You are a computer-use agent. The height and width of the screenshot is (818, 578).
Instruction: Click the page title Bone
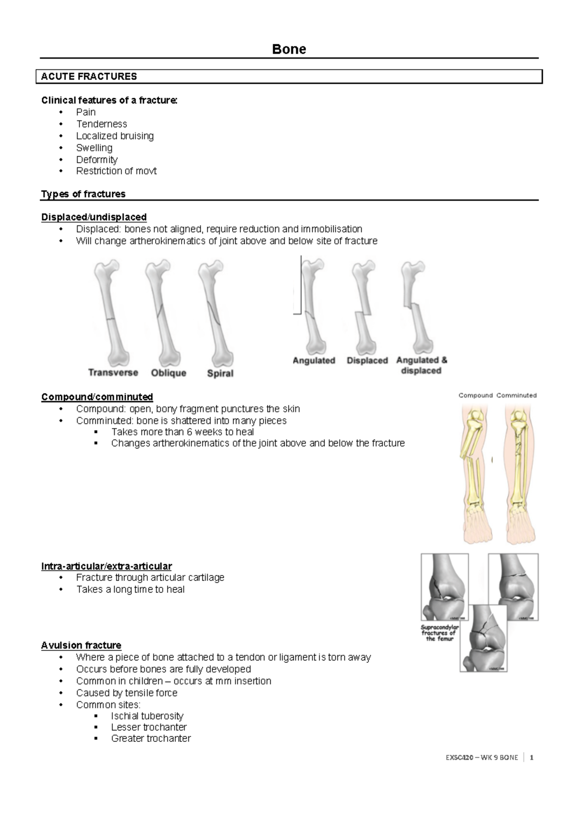point(289,49)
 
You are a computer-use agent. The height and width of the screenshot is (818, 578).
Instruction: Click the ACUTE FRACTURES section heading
point(89,77)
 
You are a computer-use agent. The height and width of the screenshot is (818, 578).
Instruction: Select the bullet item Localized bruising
point(115,136)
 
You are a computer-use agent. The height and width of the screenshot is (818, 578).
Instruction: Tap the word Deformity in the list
point(96,159)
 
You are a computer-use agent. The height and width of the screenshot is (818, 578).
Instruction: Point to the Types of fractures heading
point(83,194)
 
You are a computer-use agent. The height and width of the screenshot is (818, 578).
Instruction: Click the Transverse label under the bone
point(113,372)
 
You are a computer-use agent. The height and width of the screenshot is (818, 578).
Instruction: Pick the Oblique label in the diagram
point(169,373)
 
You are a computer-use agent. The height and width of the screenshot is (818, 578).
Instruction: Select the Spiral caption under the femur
point(220,373)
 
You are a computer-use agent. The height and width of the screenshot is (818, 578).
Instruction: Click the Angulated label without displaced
point(314,360)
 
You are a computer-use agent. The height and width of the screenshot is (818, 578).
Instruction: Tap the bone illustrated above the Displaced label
point(364,308)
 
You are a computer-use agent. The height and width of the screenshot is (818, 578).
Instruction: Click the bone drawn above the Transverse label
point(111,311)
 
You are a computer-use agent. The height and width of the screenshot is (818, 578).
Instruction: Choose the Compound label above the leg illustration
point(475,396)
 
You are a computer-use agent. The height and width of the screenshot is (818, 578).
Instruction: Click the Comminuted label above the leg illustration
point(516,396)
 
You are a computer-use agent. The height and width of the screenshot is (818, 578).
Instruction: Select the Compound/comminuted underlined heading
point(97,397)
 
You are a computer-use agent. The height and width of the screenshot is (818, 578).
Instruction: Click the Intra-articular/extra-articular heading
point(106,566)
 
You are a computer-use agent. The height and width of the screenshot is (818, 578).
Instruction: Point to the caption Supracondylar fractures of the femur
point(440,633)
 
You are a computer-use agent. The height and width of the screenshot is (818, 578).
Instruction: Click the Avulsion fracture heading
point(81,646)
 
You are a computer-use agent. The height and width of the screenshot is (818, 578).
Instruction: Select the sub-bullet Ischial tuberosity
point(147,716)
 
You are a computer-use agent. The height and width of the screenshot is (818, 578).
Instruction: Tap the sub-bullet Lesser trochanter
point(149,727)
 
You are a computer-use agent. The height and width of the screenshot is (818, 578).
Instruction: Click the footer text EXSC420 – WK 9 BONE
point(482,758)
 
